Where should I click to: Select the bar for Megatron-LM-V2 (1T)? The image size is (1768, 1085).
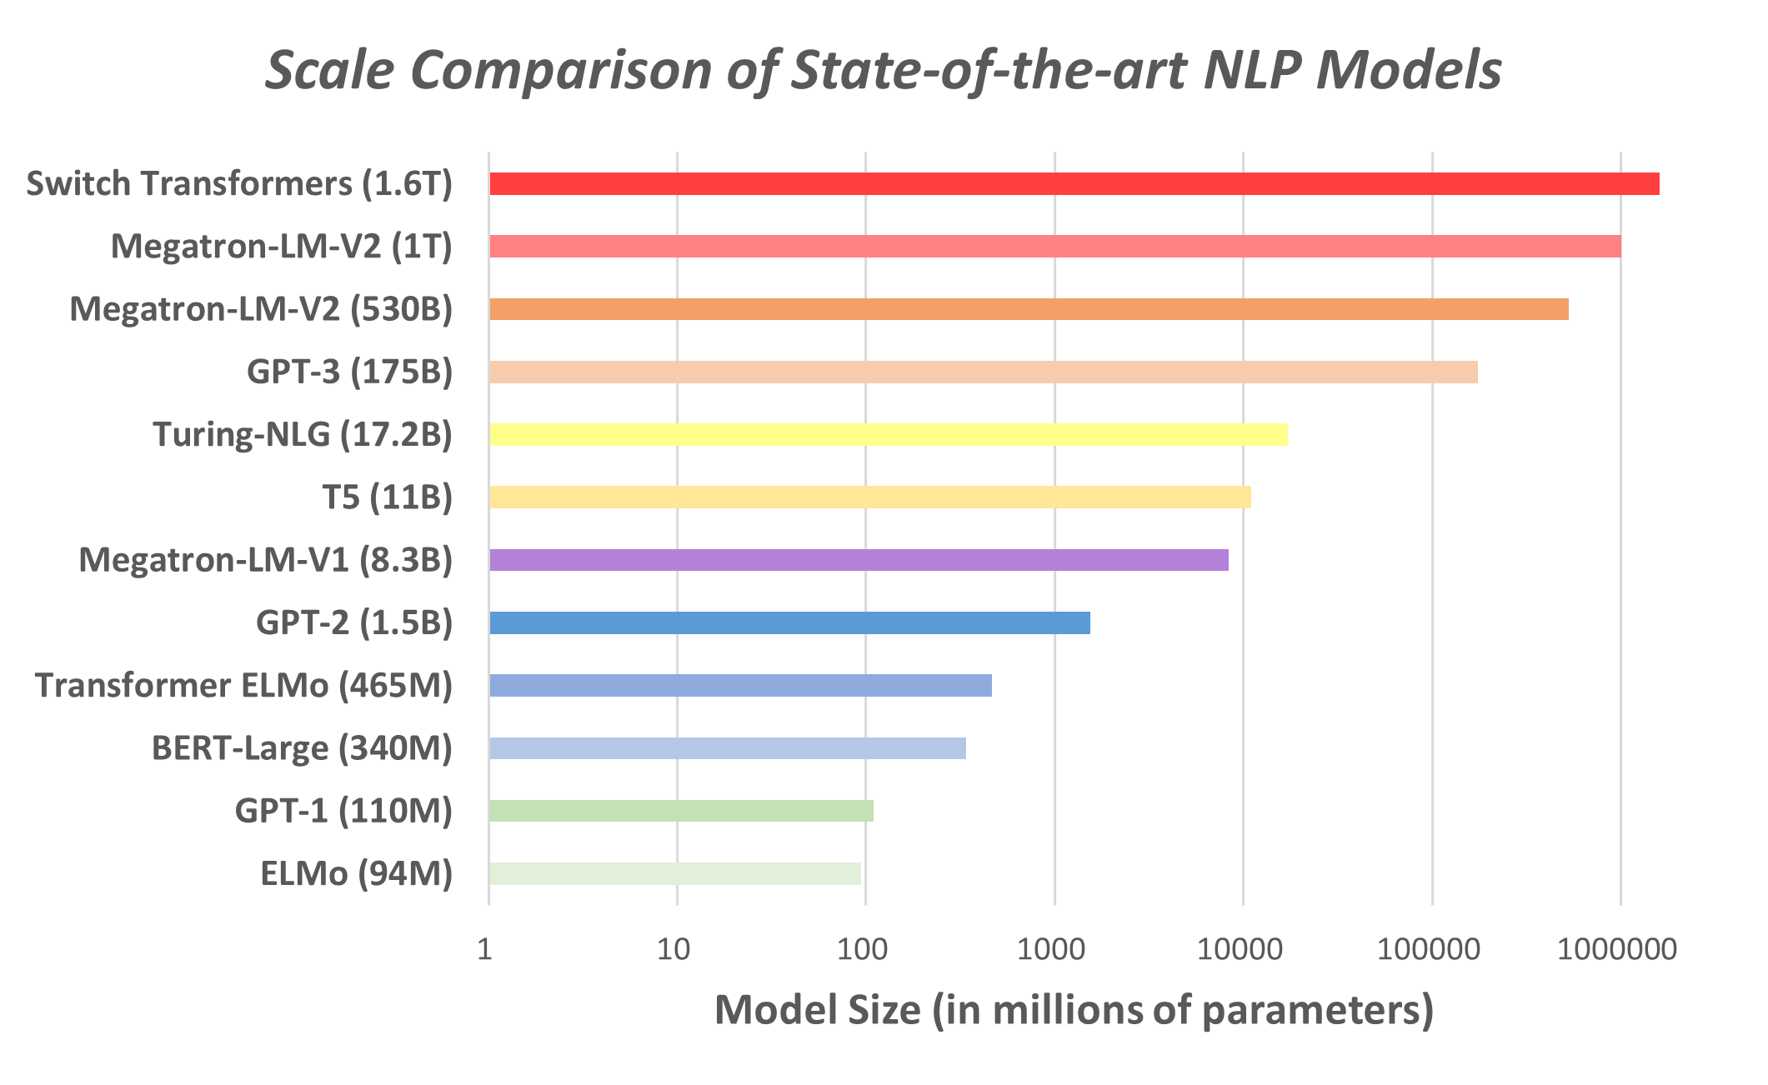tap(1054, 247)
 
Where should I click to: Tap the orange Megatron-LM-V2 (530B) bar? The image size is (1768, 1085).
tap(1029, 309)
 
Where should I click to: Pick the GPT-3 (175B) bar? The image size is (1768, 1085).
tap(983, 372)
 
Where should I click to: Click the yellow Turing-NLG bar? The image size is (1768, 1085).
tap(888, 435)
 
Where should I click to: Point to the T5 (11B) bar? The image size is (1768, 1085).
tap(869, 497)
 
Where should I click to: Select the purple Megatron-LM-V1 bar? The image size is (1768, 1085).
tap(859, 560)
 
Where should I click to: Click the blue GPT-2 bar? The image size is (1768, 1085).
tap(789, 622)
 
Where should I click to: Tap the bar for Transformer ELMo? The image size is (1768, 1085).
tap(740, 685)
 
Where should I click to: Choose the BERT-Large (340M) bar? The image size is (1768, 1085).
tap(727, 748)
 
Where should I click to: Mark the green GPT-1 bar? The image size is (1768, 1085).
tap(681, 811)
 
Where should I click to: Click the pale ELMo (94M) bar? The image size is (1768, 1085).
tap(674, 873)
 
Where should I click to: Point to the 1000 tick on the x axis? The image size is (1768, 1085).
tap(1054, 949)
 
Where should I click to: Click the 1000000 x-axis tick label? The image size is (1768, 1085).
tap(1617, 949)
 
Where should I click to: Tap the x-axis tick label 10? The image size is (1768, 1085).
tap(674, 949)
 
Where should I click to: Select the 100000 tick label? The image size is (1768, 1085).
tap(1428, 949)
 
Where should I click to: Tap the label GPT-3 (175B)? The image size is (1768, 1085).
tap(349, 372)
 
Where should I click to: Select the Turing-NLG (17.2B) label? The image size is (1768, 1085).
tap(303, 435)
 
